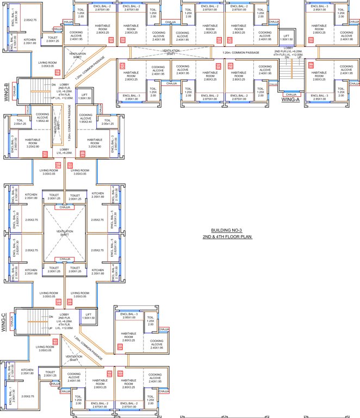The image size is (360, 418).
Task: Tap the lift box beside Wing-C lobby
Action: (x=89, y=316)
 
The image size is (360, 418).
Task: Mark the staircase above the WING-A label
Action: (x=293, y=71)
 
